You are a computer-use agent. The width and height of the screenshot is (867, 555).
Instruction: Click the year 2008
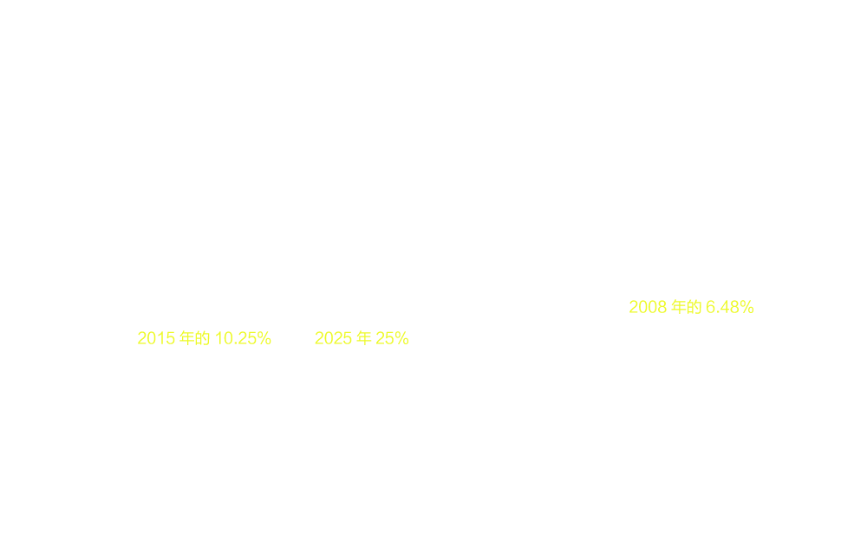tap(648, 307)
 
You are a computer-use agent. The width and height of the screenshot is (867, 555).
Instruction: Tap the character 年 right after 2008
tap(679, 307)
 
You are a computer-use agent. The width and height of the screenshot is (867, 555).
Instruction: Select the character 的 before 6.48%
tap(694, 307)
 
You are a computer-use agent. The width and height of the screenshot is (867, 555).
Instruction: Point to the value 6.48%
tap(730, 307)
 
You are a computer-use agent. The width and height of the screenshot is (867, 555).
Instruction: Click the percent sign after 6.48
tap(747, 307)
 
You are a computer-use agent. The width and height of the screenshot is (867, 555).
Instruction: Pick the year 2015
tap(156, 337)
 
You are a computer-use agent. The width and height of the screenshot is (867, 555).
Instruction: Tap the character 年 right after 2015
tap(187, 337)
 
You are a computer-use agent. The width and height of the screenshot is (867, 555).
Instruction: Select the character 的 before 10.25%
tap(202, 337)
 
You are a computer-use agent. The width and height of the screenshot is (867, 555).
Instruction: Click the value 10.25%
tap(243, 337)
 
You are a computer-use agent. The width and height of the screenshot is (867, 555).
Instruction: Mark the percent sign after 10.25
tap(264, 337)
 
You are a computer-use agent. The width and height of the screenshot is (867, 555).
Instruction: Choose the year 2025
tap(334, 337)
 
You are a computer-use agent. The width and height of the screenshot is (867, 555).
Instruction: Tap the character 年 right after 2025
tap(364, 337)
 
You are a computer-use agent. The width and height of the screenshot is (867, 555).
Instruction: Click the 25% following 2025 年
tap(392, 337)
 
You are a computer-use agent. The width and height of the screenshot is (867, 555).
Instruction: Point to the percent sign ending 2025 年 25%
tap(401, 337)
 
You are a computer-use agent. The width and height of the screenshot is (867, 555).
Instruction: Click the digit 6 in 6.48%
tap(711, 307)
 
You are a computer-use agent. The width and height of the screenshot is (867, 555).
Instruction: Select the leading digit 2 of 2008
tap(634, 307)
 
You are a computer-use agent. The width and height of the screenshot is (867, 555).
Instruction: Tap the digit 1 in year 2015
tap(161, 337)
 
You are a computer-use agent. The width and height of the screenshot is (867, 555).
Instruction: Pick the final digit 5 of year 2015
tap(170, 337)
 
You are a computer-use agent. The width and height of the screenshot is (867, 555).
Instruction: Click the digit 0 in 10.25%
tap(228, 337)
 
